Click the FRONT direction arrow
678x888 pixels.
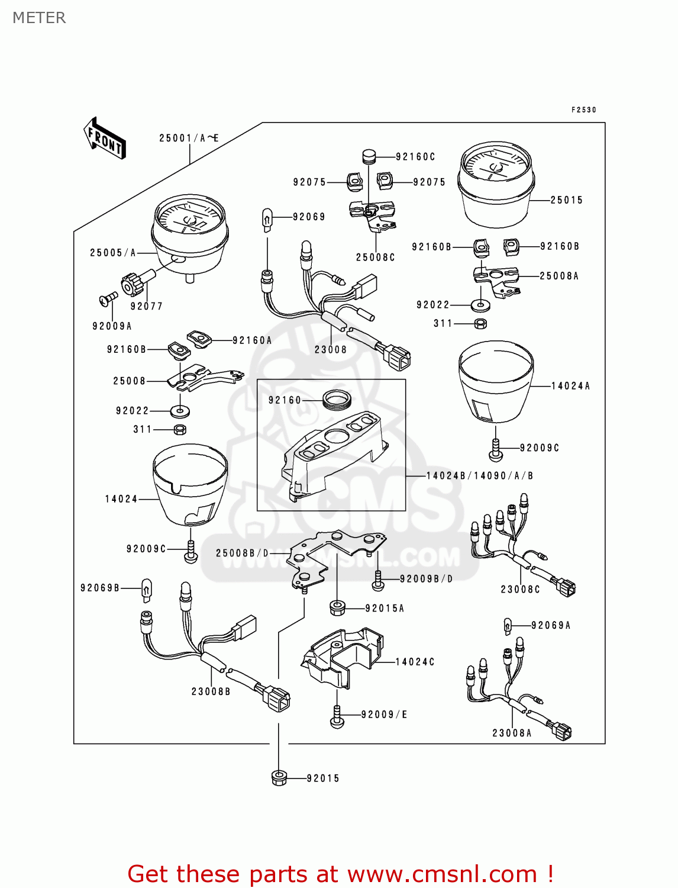tap(105, 139)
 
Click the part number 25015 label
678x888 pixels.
tap(566, 200)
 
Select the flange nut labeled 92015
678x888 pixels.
tap(279, 778)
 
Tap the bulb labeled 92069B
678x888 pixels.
tap(146, 590)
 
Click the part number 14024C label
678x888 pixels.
tap(415, 662)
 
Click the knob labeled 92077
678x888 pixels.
tap(134, 283)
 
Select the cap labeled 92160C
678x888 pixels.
tap(370, 157)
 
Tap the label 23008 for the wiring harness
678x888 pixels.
tap(331, 350)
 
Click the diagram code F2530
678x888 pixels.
tap(584, 110)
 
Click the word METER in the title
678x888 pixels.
tap(39, 18)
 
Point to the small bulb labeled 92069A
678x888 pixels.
tap(508, 626)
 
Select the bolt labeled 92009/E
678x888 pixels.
tap(337, 716)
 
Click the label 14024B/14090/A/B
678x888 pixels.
tap(479, 476)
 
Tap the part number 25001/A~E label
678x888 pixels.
tap(189, 139)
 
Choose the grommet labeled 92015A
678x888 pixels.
tap(337, 607)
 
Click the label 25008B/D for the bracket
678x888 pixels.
tap(242, 554)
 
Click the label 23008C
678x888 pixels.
tap(520, 590)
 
